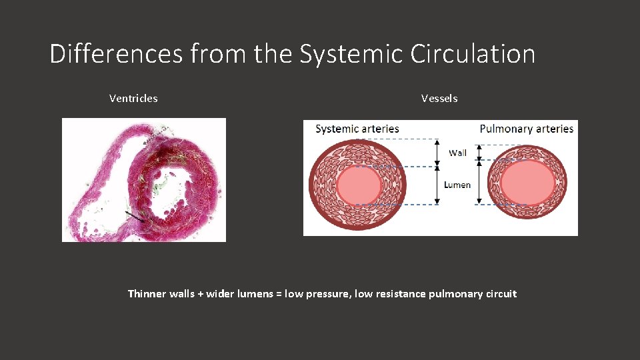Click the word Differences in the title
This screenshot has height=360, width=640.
click(116, 54)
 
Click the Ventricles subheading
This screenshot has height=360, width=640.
click(133, 99)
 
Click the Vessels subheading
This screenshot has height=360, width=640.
click(439, 99)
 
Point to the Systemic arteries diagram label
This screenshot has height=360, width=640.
click(357, 129)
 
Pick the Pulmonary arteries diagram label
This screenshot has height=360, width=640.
click(526, 129)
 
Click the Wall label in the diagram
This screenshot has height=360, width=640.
click(457, 153)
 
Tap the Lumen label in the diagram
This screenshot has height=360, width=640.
click(457, 185)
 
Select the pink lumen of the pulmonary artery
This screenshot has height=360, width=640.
click(527, 183)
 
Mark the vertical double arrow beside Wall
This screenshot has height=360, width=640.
click(437, 153)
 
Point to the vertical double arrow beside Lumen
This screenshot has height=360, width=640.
click(437, 185)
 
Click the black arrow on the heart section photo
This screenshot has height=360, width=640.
click(136, 216)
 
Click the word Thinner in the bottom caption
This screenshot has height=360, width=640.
click(145, 294)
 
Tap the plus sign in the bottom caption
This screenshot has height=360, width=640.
click(200, 294)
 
